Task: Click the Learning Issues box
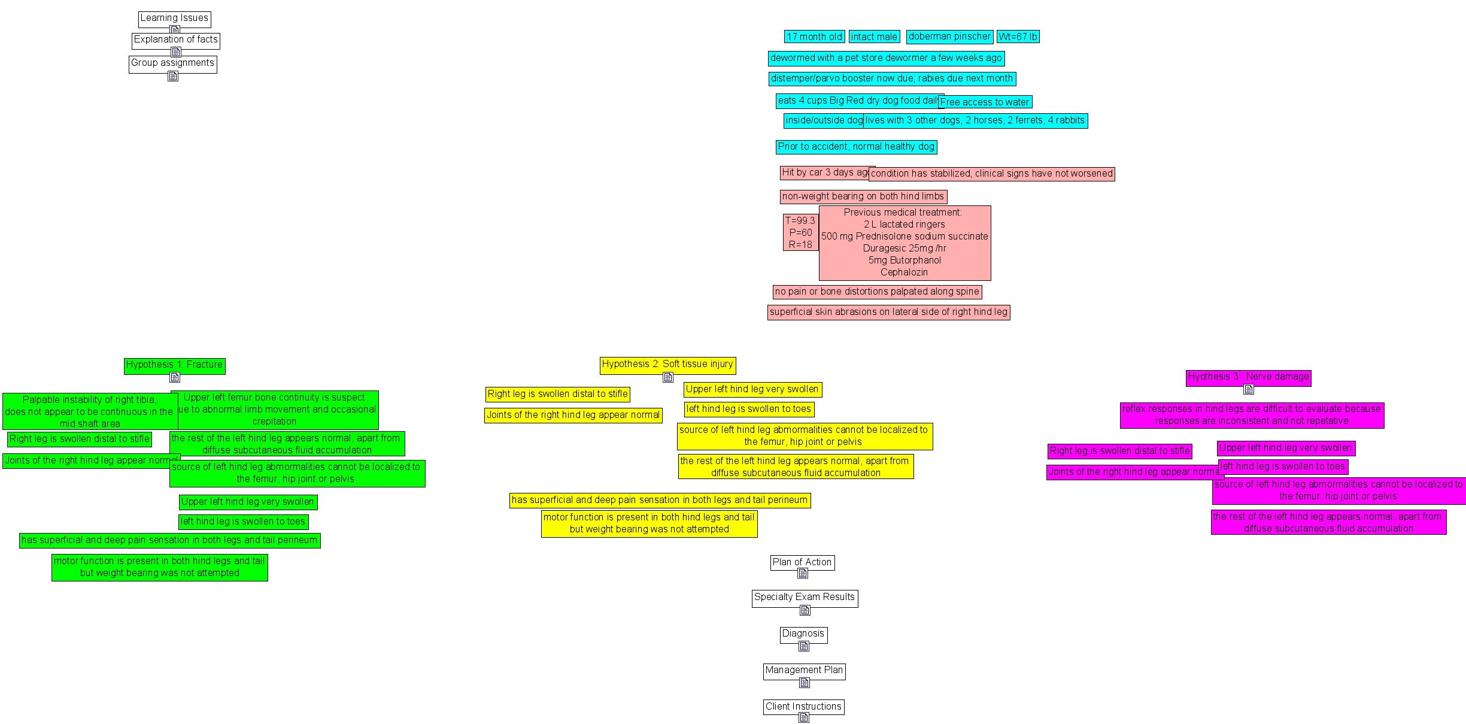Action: pos(174,19)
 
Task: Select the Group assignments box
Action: pos(172,63)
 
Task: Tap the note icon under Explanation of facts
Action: pos(175,52)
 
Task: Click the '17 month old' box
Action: pos(814,37)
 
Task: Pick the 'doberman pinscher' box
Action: pos(949,37)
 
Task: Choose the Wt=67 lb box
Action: pos(1018,37)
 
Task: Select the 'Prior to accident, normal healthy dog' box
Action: pos(856,147)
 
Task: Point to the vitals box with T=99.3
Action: pos(800,232)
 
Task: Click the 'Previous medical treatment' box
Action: pos(905,243)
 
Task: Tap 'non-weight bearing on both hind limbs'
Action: pos(863,196)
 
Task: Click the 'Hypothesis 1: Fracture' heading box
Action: pos(174,365)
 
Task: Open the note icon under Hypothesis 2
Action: pos(668,377)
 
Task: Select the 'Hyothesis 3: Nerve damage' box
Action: pos(1248,377)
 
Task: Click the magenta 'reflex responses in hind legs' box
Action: pos(1252,415)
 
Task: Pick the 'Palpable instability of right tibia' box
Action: pos(90,411)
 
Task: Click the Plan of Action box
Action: pos(802,562)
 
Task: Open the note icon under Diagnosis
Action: pos(804,646)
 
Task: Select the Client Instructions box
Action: pos(803,707)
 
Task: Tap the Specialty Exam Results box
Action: pos(805,598)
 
